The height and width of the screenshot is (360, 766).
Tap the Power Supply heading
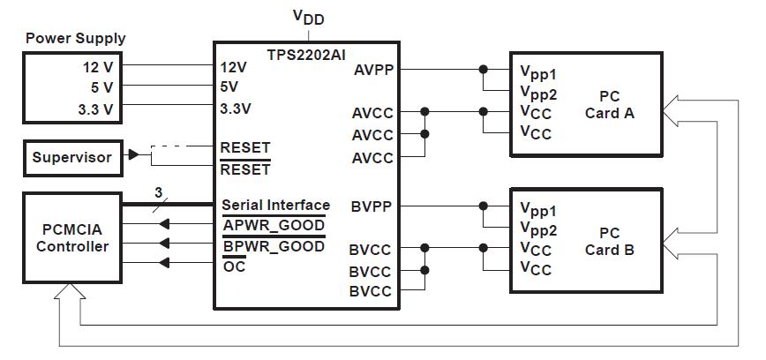coord(75,39)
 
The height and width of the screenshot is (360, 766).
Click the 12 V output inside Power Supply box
coord(93,67)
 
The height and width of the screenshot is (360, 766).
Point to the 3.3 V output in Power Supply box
coord(90,109)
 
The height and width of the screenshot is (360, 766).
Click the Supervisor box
coord(72,158)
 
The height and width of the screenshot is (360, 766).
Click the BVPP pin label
coord(371,206)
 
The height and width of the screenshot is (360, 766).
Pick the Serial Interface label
coord(275,205)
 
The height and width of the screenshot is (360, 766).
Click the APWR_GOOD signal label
coord(273,226)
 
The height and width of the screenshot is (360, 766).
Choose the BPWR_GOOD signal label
coord(273,246)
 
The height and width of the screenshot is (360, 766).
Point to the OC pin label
coord(234,266)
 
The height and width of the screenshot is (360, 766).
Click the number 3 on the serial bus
coord(158,192)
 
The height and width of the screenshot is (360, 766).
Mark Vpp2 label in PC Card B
coord(538,229)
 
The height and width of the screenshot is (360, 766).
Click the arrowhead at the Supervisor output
coord(133,155)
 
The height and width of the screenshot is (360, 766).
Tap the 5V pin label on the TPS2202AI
coord(229,88)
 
